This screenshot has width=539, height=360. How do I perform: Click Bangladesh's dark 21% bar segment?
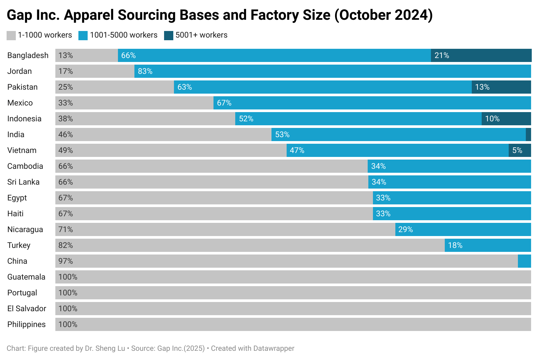point(481,55)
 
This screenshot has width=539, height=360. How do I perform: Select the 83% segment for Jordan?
point(333,71)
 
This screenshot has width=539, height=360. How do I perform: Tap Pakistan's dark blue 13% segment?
point(501,87)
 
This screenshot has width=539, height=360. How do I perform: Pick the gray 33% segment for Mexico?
point(134,103)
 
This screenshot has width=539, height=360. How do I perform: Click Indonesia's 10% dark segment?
point(506,119)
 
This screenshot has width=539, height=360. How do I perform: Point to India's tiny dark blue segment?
point(528,135)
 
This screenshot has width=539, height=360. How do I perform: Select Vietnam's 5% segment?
point(520,150)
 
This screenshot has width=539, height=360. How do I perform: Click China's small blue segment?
point(524,261)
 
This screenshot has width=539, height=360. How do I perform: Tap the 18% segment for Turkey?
point(488,245)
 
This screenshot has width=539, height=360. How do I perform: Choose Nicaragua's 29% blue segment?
point(463,229)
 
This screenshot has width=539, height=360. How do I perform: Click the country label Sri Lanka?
point(23,182)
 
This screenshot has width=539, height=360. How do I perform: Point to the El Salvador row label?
point(27,309)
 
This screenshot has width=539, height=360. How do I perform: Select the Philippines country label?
point(26,324)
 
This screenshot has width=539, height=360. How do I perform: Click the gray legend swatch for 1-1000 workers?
point(11,36)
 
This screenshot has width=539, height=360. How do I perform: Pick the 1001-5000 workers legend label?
point(124,35)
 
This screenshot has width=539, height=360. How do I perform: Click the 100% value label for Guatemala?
point(68,277)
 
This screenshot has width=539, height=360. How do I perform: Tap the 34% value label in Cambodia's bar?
point(378,166)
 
